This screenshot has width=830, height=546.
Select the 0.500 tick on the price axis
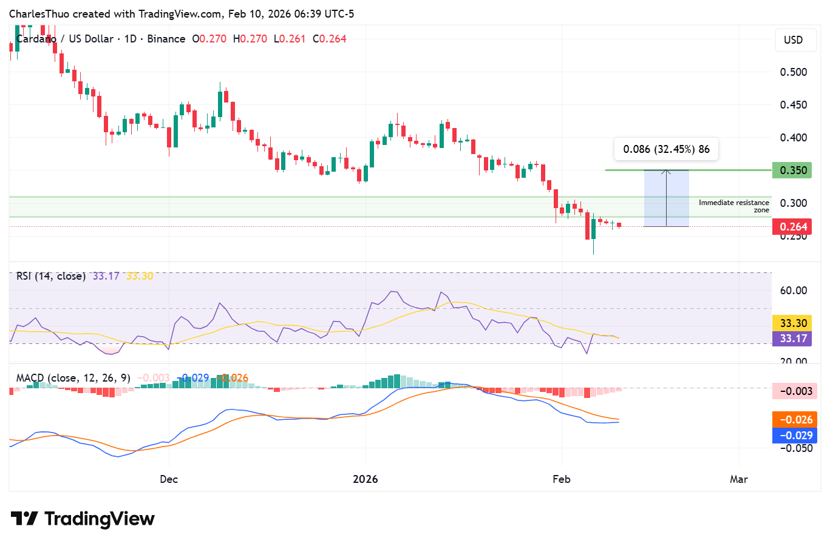[x=793, y=72]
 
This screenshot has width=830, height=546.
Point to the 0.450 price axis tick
[x=793, y=105]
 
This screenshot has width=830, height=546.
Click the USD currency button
[x=793, y=40]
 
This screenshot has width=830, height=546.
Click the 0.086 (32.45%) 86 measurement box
[x=666, y=149]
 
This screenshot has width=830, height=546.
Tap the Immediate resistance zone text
[x=733, y=206]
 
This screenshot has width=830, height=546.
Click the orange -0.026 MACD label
[x=794, y=420]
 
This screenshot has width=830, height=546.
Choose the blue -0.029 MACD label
[x=794, y=436]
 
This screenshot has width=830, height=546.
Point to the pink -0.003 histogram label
[x=794, y=391]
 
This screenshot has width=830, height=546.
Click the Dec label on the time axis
[x=169, y=479]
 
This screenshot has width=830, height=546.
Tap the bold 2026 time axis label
[x=365, y=479]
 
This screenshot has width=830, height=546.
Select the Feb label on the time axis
[x=562, y=479]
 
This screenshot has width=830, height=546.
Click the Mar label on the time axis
[x=738, y=479]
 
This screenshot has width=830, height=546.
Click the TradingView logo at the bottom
[x=83, y=519]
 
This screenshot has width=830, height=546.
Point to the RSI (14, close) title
[x=51, y=276]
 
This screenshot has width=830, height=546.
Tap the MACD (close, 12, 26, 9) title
[x=73, y=378]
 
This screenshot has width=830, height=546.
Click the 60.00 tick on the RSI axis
[x=793, y=291]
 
